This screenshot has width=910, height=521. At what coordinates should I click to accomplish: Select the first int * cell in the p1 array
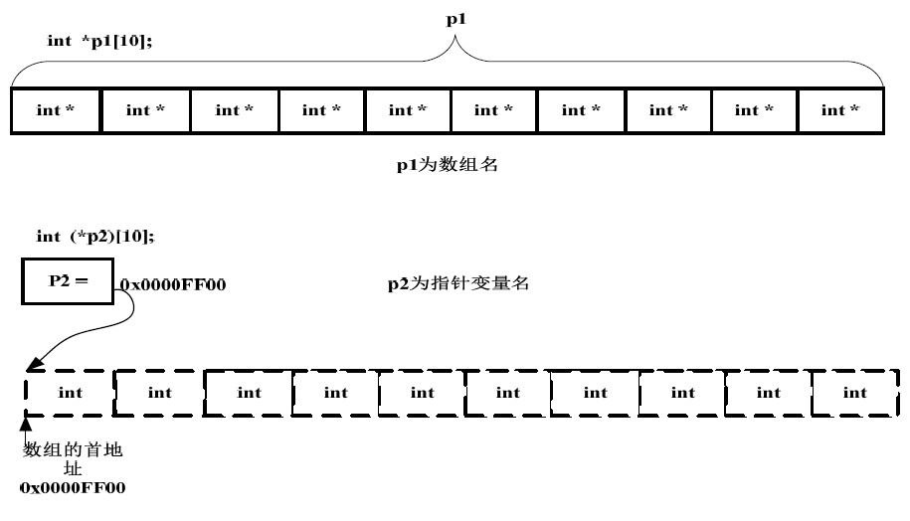coord(56,110)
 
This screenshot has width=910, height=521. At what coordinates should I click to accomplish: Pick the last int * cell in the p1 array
coord(839,110)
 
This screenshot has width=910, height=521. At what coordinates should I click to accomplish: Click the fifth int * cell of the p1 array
coord(408,110)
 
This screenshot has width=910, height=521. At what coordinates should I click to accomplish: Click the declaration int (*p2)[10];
coord(94,236)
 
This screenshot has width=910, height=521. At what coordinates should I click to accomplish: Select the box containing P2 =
coord(69,281)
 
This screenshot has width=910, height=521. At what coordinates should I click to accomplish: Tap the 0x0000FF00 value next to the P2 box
coord(173,285)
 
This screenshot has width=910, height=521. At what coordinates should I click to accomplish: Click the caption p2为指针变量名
coord(457,284)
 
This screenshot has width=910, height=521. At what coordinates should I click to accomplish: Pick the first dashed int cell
coord(70,393)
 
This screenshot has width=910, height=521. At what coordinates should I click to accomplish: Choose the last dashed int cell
coord(855,393)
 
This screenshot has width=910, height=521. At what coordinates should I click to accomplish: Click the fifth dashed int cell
coord(423,393)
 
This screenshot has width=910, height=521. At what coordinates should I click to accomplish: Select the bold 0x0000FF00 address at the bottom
coord(73,489)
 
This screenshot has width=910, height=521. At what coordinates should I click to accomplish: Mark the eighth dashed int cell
coord(683,393)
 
